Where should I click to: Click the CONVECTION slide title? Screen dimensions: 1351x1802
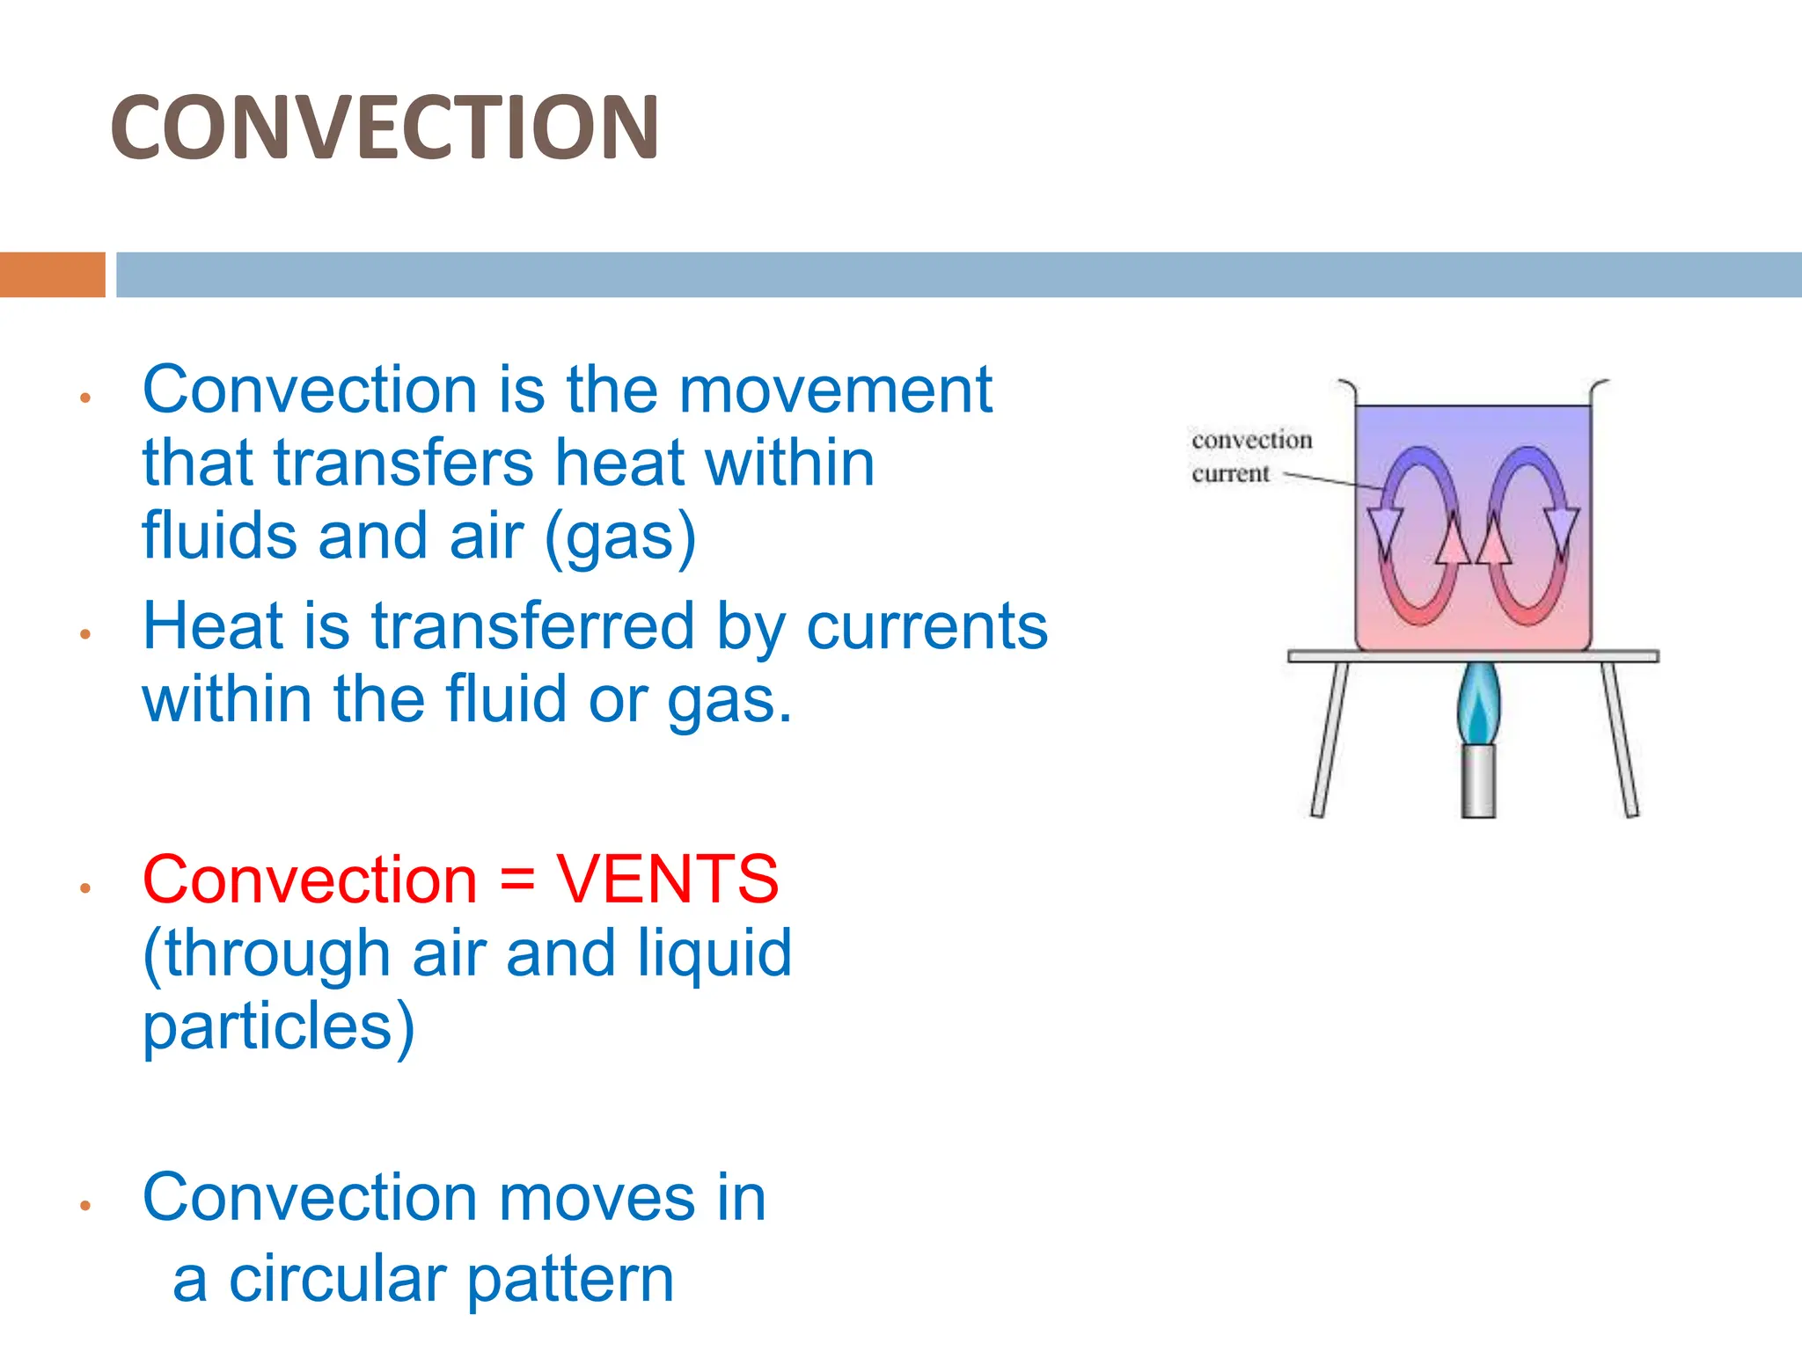click(385, 128)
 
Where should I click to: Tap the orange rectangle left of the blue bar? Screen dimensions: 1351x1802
click(52, 274)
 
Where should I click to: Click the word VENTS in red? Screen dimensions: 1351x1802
click(667, 879)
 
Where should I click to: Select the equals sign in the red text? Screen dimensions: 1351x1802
click(516, 880)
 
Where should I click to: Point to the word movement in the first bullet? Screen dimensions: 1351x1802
click(835, 390)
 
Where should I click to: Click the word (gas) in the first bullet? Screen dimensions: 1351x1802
click(620, 537)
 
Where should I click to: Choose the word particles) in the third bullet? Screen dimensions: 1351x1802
click(278, 1026)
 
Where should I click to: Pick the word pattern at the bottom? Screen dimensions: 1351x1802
click(570, 1281)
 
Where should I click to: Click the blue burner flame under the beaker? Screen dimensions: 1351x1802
click(1478, 703)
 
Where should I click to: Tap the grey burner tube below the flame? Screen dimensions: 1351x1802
click(1478, 781)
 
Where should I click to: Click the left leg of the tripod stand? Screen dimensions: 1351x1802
click(1329, 739)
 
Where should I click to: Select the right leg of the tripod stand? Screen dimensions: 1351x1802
click(1620, 739)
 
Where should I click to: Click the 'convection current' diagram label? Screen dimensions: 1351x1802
click(1249, 456)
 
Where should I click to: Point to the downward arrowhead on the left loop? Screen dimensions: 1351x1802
click(1384, 529)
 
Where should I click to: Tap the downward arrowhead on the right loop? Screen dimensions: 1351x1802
click(1562, 529)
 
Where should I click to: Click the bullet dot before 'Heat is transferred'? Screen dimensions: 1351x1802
click(85, 634)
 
